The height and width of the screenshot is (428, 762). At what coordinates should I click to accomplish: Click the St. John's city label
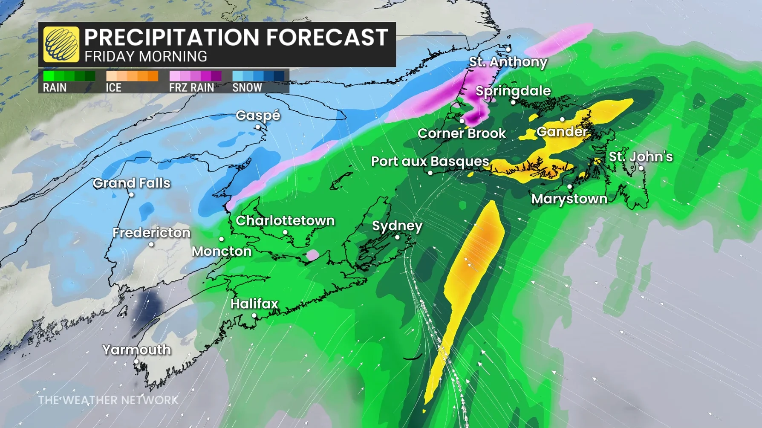(641, 156)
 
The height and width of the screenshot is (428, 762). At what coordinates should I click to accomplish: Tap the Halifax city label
(254, 304)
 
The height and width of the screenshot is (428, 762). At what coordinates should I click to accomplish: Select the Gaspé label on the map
(258, 115)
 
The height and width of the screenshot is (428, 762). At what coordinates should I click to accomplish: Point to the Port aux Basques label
(430, 161)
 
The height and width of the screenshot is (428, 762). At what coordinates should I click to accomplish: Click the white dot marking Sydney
(397, 237)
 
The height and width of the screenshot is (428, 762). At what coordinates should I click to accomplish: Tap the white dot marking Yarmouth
(136, 361)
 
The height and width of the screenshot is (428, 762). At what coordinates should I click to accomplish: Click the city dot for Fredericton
(151, 244)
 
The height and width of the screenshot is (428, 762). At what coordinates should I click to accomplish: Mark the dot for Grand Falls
(132, 194)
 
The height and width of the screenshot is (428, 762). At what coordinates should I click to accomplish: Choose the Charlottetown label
(285, 220)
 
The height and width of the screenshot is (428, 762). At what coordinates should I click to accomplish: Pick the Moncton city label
(222, 251)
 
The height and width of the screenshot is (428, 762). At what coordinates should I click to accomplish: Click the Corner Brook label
(462, 133)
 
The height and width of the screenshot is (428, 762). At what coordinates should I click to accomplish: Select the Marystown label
(569, 199)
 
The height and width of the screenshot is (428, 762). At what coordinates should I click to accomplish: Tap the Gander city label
(562, 131)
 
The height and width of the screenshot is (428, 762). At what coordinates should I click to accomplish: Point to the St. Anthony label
(508, 62)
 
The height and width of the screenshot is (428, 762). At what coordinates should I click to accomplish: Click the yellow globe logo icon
(61, 44)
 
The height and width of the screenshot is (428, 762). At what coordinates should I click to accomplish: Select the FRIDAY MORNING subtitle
(146, 56)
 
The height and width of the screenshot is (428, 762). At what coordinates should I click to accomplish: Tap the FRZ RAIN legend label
(191, 87)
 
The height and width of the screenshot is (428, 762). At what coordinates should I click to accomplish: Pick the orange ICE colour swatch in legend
(132, 76)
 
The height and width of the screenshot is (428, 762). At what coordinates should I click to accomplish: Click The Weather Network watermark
(108, 400)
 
